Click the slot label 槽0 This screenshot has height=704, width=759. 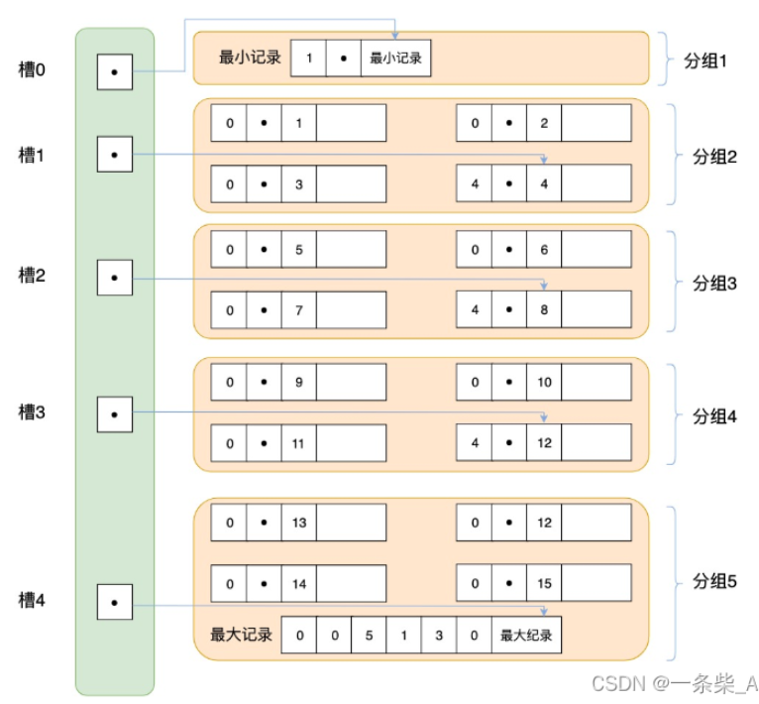point(32,69)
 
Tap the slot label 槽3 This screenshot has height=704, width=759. point(32,412)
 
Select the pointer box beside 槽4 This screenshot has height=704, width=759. point(115,602)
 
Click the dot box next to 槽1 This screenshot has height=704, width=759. point(115,155)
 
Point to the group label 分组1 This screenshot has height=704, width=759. point(705,61)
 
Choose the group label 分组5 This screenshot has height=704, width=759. point(714,580)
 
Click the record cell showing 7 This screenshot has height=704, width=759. point(299,310)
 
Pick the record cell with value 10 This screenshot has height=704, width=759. point(544,383)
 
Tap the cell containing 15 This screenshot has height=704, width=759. point(544,583)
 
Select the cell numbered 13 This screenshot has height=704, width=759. point(299,523)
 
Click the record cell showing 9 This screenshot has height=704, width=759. point(299,383)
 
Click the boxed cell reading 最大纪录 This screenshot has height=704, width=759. point(526,635)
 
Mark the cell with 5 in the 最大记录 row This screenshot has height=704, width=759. point(369,635)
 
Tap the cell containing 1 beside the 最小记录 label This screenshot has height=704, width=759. point(308,59)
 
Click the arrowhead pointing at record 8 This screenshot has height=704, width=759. point(544,286)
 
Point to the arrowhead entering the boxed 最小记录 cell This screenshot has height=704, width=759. point(395,36)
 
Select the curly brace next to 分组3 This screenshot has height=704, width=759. point(674,282)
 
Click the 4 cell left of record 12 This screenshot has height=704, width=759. point(475,443)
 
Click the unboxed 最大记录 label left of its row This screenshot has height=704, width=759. point(241,635)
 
